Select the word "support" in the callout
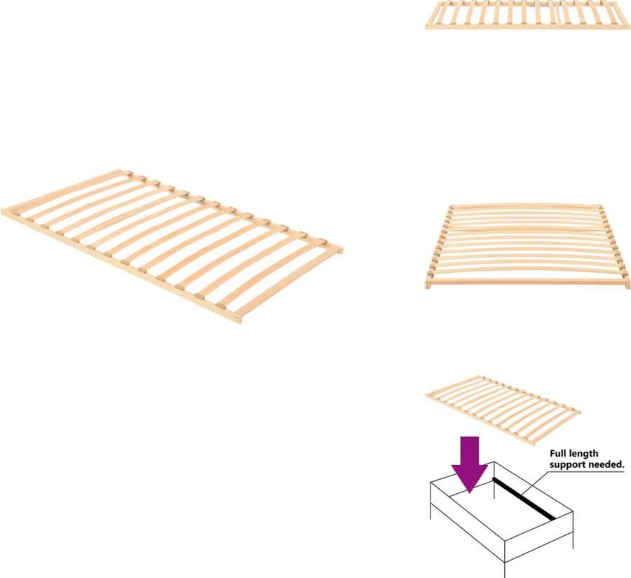point(569,464)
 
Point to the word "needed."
point(607,464)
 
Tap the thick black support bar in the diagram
point(524,499)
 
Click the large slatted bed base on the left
point(172,243)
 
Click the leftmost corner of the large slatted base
point(3,210)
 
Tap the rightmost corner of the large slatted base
point(341,248)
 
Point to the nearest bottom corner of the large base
point(238,320)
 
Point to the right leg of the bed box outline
point(573,537)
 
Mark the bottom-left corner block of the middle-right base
point(429,283)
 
